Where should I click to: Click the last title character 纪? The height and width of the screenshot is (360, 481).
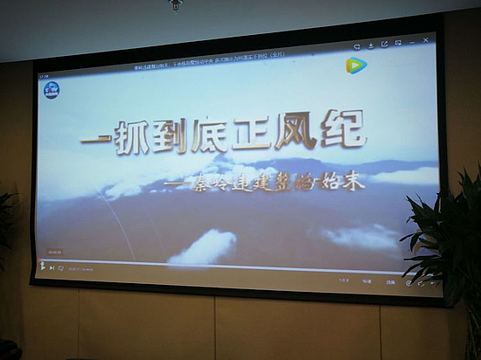point(351,136)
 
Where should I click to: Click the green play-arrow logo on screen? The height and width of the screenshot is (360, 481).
point(356,66)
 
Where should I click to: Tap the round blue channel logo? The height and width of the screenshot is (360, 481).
point(52,88)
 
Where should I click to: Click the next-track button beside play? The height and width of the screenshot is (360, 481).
point(52,267)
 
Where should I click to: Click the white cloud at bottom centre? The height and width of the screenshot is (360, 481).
point(204,246)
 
